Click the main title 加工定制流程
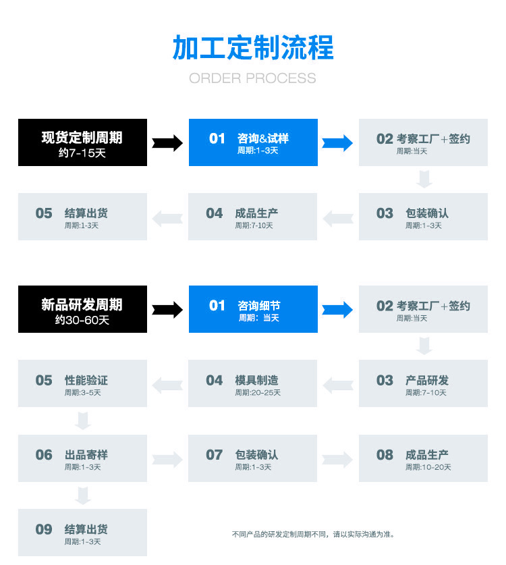tap(253, 47)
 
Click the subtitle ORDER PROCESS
tap(252, 78)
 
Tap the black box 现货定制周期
tap(82, 142)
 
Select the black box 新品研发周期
tap(82, 309)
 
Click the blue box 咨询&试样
tap(253, 142)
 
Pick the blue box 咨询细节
tap(253, 309)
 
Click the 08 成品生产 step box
tap(423, 458)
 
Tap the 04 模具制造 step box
tap(252, 383)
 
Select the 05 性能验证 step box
tap(82, 383)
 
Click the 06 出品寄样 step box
tap(82, 458)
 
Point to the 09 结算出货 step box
tap(82, 533)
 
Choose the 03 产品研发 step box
tap(423, 383)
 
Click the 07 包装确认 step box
tap(252, 458)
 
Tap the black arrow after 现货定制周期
tap(167, 142)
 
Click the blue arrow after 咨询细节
tap(337, 309)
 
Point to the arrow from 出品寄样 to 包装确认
tap(167, 460)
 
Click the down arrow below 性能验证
tap(83, 421)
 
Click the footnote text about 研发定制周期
tap(312, 534)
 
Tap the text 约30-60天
tap(82, 320)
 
